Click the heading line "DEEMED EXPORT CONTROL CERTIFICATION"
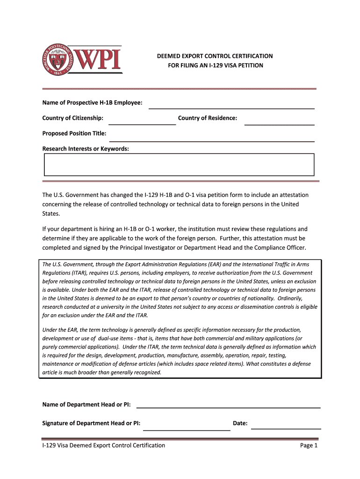tap(215, 56)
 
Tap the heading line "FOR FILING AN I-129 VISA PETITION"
tap(216, 65)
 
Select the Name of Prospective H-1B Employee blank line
tap(231, 105)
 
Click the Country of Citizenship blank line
tap(142, 121)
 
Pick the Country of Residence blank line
tap(279, 121)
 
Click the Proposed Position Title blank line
tap(211, 137)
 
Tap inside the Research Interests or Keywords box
tap(179, 165)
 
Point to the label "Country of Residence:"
tap(207, 118)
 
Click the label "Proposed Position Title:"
tap(74, 133)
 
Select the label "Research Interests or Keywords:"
tap(86, 149)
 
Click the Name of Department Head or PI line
tap(228, 405)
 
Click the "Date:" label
tap(240, 423)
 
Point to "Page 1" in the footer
tap(309, 445)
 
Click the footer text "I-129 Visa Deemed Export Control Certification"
tap(104, 445)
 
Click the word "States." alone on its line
tap(51, 214)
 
